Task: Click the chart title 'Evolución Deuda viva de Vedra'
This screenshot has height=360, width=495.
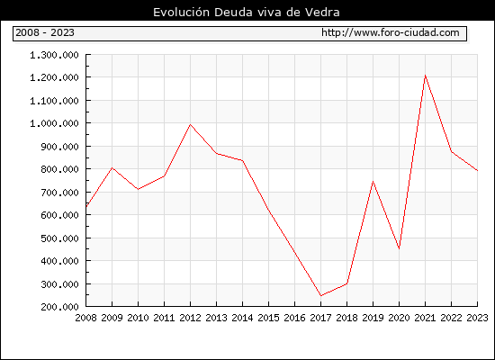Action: tap(247, 13)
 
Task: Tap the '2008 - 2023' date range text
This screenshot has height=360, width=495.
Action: tap(45, 32)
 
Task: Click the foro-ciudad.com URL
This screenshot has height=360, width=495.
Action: tap(391, 32)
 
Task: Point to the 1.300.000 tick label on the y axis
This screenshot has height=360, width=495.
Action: tap(54, 55)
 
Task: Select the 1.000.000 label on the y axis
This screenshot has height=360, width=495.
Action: tap(54, 123)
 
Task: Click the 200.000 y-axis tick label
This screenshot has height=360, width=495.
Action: tap(59, 307)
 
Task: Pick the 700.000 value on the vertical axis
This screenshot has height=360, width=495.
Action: tap(59, 193)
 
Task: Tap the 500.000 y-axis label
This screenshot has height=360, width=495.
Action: tap(59, 238)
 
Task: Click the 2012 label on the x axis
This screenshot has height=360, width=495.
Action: tap(191, 318)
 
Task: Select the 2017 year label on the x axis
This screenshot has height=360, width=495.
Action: tap(320, 318)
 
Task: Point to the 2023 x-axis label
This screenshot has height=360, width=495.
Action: tap(477, 318)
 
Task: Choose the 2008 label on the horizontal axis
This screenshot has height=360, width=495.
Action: tap(85, 318)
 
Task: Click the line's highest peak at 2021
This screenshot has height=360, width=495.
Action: tap(425, 76)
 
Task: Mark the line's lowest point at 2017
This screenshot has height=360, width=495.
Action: tap(320, 296)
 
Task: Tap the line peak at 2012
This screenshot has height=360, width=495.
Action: tap(190, 124)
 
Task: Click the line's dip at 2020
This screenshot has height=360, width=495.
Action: tap(399, 249)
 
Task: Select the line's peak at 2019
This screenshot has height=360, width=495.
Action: tap(373, 181)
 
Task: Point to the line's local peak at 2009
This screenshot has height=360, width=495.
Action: tap(112, 167)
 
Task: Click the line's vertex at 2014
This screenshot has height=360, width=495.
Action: tap(242, 161)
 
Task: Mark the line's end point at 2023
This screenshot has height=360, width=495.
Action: tap(478, 170)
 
